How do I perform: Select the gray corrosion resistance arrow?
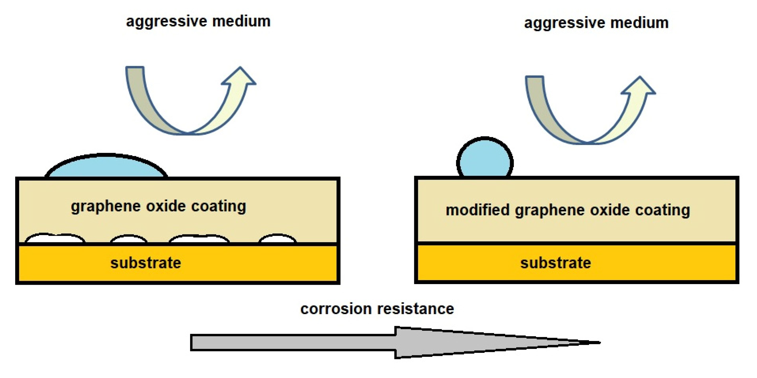(x=364, y=342)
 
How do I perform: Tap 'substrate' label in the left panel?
(x=146, y=263)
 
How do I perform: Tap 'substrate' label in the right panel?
(x=555, y=263)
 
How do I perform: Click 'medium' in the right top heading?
(x=639, y=23)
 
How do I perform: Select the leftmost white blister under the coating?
(x=55, y=238)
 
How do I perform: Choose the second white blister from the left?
(x=129, y=239)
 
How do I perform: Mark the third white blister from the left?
(x=199, y=239)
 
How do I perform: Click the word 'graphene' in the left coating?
(x=106, y=207)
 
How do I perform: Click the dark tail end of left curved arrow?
(x=135, y=73)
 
